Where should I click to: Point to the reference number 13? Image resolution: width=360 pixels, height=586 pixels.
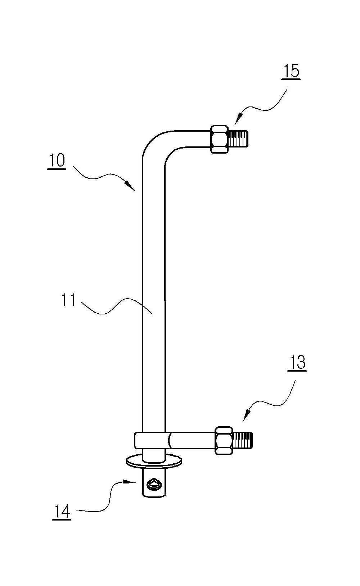pyautogui.click(x=297, y=363)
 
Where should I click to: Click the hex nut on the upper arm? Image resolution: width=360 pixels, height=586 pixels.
pyautogui.click(x=219, y=139)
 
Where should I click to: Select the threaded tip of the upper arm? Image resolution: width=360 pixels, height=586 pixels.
pyautogui.click(x=238, y=139)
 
